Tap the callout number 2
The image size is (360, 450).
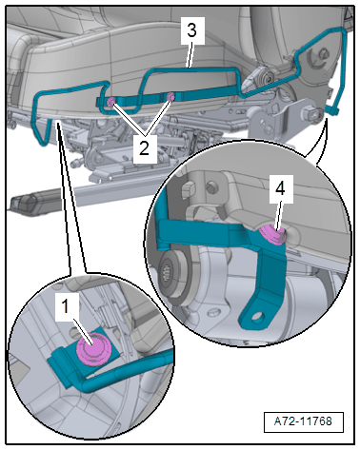pyautogui.click(x=144, y=147)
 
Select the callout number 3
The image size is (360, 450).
pyautogui.click(x=191, y=30)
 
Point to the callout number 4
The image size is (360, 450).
pyautogui.click(x=280, y=189)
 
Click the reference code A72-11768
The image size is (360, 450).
pyautogui.click(x=303, y=421)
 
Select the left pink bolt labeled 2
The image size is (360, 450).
pyautogui.click(x=111, y=102)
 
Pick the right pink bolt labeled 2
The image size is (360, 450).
pyautogui.click(x=170, y=97)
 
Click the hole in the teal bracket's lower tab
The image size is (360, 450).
pyautogui.click(x=260, y=316)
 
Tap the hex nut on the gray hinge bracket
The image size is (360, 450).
pyautogui.click(x=310, y=113)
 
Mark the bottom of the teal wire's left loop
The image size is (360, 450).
pyautogui.click(x=44, y=144)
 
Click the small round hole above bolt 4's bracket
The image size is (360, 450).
pyautogui.click(x=210, y=187)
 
